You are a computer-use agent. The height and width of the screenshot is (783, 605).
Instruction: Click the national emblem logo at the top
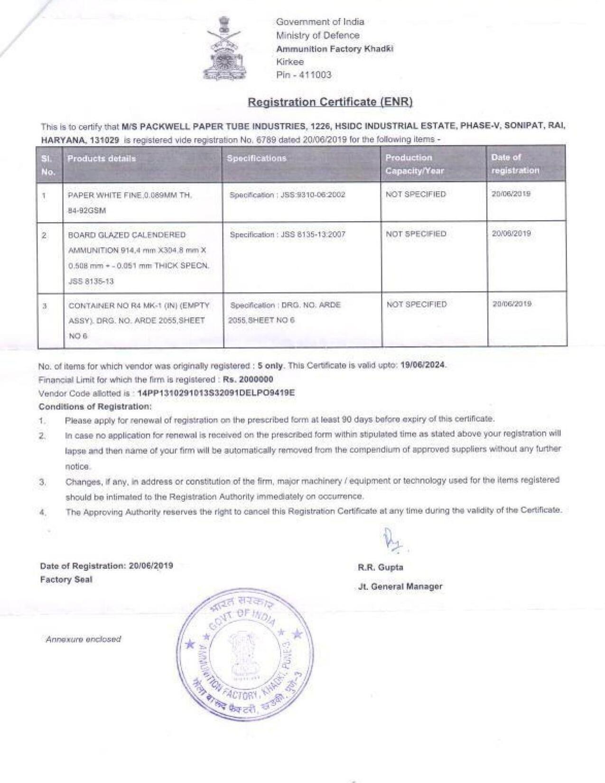[x=223, y=48]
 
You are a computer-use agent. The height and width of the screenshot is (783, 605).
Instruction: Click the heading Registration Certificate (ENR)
[x=330, y=102]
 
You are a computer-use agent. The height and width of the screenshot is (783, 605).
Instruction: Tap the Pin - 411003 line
[x=304, y=75]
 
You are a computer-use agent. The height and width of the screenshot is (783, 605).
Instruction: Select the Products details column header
[x=102, y=158]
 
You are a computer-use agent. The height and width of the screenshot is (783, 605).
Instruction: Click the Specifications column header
[x=256, y=158]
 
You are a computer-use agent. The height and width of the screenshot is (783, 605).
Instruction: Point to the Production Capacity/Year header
[x=414, y=164]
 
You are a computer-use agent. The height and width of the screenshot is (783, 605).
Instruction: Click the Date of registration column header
[x=515, y=164]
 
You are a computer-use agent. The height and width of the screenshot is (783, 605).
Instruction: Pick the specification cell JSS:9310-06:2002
[x=287, y=195]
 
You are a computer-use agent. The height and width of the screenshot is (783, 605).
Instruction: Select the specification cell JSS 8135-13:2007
[x=288, y=234]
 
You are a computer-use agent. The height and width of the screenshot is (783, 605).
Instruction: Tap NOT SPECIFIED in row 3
[x=417, y=304]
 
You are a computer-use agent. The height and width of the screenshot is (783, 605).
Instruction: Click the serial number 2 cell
[x=44, y=235]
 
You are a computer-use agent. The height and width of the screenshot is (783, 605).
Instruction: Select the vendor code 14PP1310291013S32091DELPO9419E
[x=215, y=393]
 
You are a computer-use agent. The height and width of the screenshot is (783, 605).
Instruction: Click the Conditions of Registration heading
[x=95, y=407]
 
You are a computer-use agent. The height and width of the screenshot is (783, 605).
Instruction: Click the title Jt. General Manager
[x=400, y=587]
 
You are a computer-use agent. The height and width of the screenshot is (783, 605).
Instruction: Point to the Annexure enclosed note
[x=83, y=639]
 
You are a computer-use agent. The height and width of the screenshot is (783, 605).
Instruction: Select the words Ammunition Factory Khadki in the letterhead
[x=335, y=49]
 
